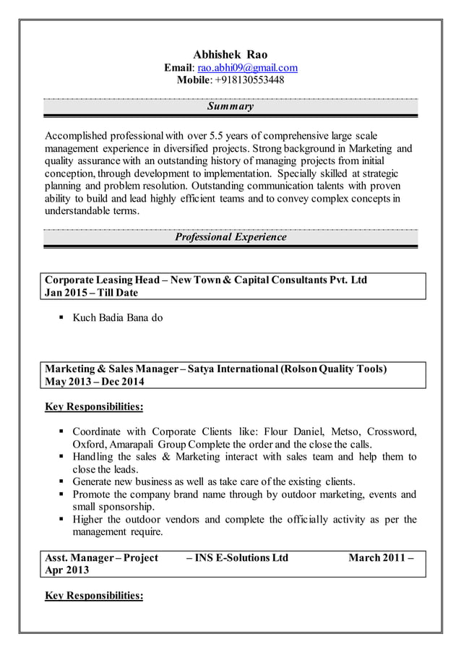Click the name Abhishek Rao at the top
point(231,55)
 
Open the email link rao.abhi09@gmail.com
point(247,68)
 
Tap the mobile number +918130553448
point(250,80)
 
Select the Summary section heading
point(231,107)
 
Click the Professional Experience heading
point(231,237)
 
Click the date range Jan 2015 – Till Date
point(91,293)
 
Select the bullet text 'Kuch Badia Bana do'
point(118,317)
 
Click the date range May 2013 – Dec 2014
point(95,382)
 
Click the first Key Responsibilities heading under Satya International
point(94,407)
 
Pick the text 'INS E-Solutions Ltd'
point(242,557)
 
